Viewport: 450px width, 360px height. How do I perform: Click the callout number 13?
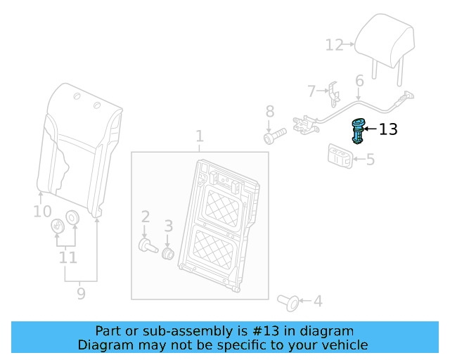[388, 129]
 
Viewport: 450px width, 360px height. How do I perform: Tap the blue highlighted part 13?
[359, 131]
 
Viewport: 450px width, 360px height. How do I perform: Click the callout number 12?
[334, 45]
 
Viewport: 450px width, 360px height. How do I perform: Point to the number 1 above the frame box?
[199, 136]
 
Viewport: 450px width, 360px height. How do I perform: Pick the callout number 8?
[269, 111]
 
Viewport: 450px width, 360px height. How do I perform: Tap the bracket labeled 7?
[333, 94]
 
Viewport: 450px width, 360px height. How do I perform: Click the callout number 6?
[359, 82]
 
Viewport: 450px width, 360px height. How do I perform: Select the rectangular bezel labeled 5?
[340, 155]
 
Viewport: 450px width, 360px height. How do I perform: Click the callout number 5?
[370, 160]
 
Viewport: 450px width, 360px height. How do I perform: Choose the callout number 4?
[318, 302]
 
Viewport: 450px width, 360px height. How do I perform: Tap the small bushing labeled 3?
[168, 252]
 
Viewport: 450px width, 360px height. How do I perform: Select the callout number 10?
[42, 211]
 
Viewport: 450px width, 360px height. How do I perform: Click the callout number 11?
[67, 258]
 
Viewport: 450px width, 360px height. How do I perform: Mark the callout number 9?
[81, 292]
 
